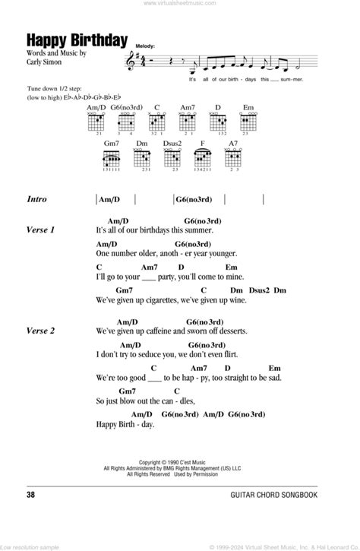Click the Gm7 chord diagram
(112, 160)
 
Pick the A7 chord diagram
(231, 160)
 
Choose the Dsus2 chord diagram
(172, 160)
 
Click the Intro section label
(36, 199)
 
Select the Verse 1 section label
(41, 230)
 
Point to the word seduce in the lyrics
(156, 354)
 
